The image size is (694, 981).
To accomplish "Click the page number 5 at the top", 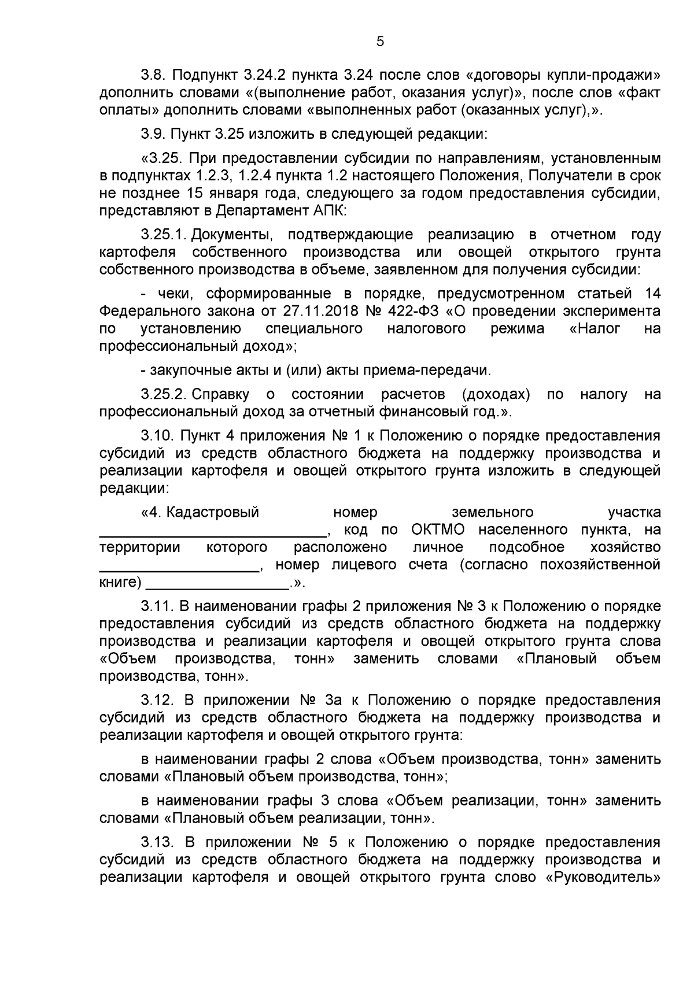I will point(380,41).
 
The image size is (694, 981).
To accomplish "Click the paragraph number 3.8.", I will point(153,76).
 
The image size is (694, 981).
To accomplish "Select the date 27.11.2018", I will point(322,311).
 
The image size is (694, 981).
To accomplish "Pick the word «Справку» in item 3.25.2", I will point(220,395).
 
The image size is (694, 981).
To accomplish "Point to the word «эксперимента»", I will point(612,311).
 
